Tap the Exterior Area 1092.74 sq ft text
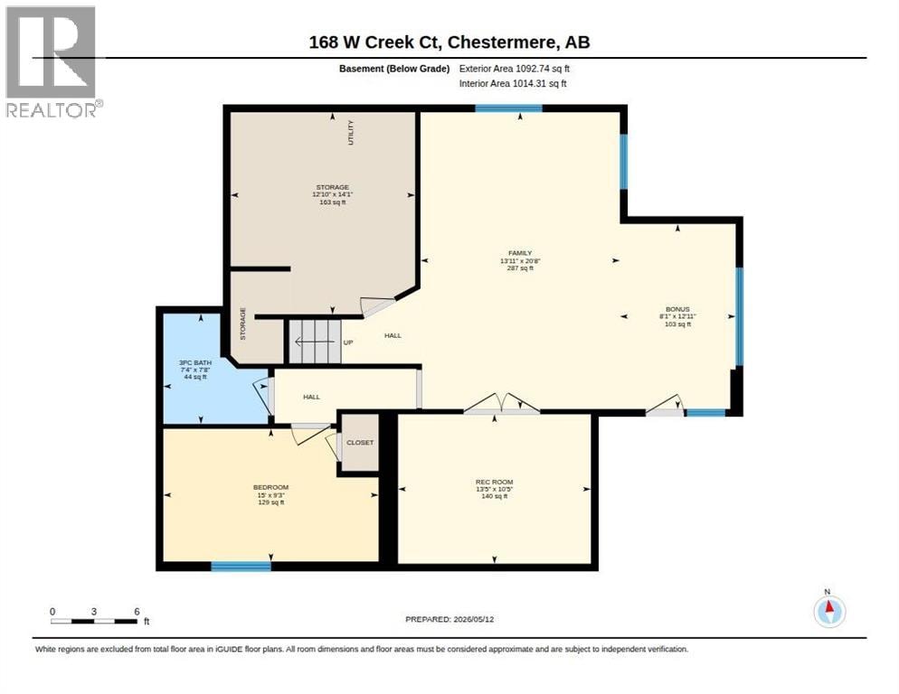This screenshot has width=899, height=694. pyautogui.click(x=515, y=69)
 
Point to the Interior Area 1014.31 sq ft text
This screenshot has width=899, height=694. pyautogui.click(x=513, y=84)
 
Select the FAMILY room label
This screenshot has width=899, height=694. pyautogui.click(x=520, y=253)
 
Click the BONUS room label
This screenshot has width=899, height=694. pyautogui.click(x=677, y=309)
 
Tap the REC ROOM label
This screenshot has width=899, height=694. pyautogui.click(x=494, y=482)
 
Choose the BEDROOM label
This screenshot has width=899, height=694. pyautogui.click(x=270, y=487)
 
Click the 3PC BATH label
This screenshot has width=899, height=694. pyautogui.click(x=195, y=362)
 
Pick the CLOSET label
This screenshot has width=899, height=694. pyautogui.click(x=360, y=443)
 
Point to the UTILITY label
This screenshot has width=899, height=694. pyautogui.click(x=351, y=132)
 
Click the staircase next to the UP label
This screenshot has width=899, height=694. pyautogui.click(x=314, y=342)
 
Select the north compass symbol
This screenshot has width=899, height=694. pyautogui.click(x=829, y=611)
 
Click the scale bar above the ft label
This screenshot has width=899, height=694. pyautogui.click(x=94, y=621)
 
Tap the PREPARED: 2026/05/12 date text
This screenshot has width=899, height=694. pyautogui.click(x=449, y=620)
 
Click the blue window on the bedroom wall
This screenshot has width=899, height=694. pyautogui.click(x=241, y=567)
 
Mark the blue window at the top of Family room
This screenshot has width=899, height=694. pyautogui.click(x=508, y=108)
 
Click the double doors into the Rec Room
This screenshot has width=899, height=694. pyautogui.click(x=502, y=404)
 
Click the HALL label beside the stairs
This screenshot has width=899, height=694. pyautogui.click(x=393, y=336)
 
